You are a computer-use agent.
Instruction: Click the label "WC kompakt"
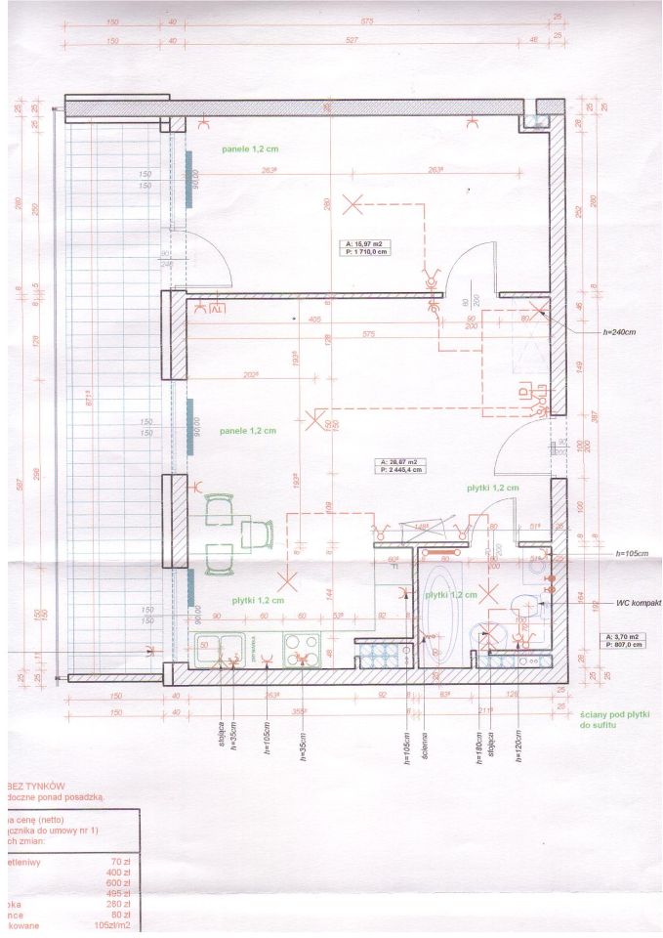coord(640,604)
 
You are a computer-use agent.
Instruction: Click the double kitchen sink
coord(220,647)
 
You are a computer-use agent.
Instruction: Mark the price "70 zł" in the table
coord(121,862)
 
